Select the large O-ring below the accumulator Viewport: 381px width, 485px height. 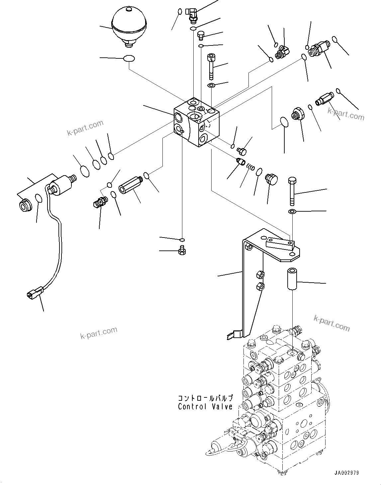(x=129, y=59)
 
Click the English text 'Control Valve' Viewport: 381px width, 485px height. (x=205, y=406)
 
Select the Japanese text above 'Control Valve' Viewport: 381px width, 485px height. (x=205, y=398)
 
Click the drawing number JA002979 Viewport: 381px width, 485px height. (x=346, y=473)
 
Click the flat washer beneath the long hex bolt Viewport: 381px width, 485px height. (x=292, y=212)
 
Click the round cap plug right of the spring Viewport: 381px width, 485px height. (x=271, y=179)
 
